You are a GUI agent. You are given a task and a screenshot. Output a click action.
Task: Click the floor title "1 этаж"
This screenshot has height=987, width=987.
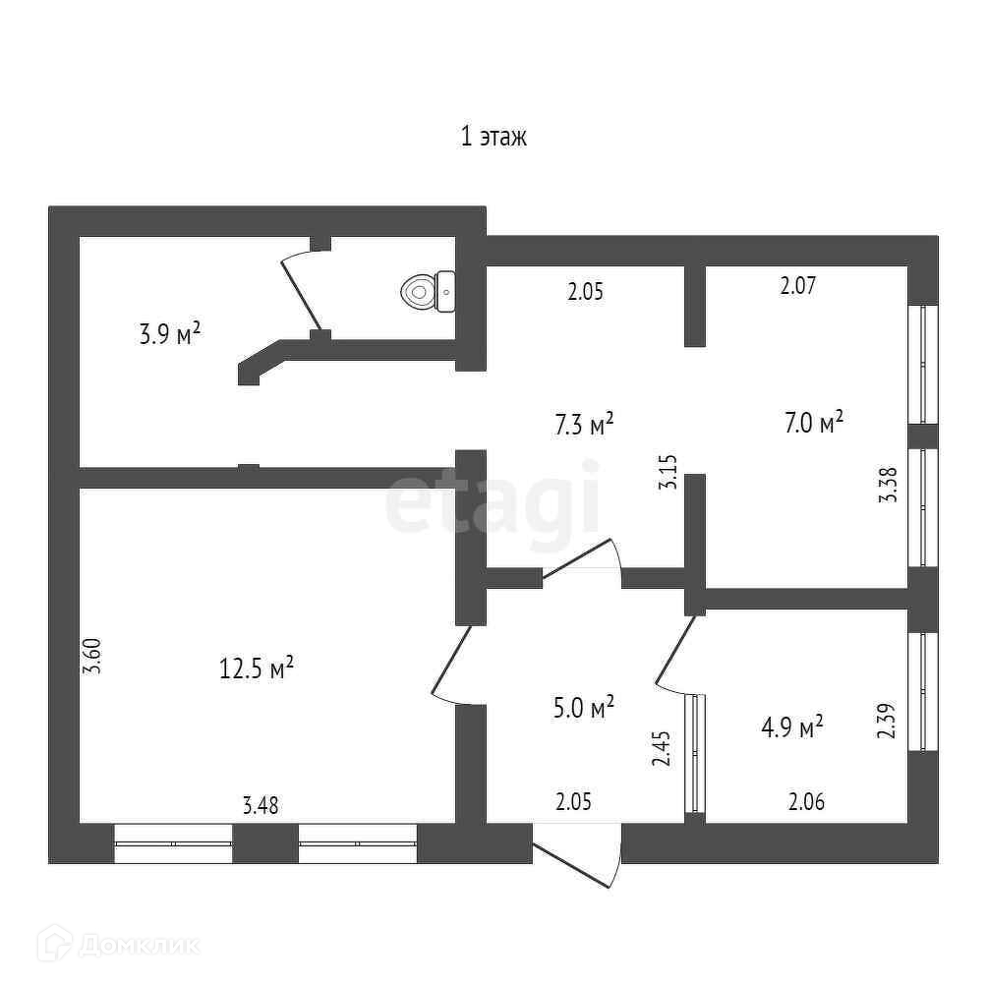[494, 137]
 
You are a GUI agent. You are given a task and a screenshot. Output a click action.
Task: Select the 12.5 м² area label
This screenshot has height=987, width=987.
[257, 669]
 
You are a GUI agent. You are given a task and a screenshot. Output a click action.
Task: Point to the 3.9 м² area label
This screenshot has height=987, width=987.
[170, 334]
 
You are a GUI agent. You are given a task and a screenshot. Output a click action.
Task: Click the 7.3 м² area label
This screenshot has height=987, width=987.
[584, 425]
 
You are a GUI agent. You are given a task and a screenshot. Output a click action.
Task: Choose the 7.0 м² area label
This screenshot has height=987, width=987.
[814, 424]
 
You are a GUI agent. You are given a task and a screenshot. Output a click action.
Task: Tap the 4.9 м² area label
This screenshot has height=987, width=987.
[791, 727]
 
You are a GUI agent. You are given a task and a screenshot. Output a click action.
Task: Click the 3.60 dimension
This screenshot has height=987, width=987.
[92, 656]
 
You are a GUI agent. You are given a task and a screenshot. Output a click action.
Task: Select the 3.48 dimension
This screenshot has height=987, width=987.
[261, 806]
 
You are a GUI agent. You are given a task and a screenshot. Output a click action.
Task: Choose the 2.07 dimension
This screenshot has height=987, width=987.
[798, 287]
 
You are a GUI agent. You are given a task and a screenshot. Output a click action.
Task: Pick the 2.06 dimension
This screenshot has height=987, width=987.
[807, 802]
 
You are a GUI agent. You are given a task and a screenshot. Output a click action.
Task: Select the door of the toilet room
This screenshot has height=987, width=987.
[303, 290]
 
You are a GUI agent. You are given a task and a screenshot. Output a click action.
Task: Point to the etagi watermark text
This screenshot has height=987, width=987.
[492, 503]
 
